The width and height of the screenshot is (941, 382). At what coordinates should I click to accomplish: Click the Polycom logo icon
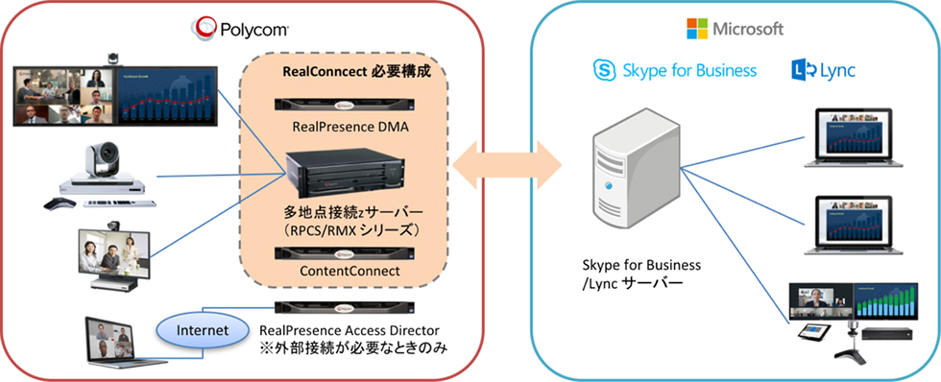coord(203,28)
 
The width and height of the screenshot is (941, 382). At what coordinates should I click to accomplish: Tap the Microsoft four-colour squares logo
coord(697,28)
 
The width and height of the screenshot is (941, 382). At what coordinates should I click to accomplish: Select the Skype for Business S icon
coord(604,71)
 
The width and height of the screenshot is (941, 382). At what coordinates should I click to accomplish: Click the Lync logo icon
coord(804,71)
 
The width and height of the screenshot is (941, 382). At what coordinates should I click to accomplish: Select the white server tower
coord(636,170)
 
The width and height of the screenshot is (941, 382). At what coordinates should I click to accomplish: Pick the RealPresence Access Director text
coord(350,330)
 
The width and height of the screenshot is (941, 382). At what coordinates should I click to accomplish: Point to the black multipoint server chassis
coord(343,175)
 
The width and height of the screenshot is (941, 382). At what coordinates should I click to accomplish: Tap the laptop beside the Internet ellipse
coord(113,341)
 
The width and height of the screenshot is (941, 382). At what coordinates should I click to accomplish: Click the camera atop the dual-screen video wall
coord(112,59)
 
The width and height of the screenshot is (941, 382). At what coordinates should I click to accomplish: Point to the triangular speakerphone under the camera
coord(60,203)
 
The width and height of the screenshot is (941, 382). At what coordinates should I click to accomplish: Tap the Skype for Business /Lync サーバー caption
coord(641,274)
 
